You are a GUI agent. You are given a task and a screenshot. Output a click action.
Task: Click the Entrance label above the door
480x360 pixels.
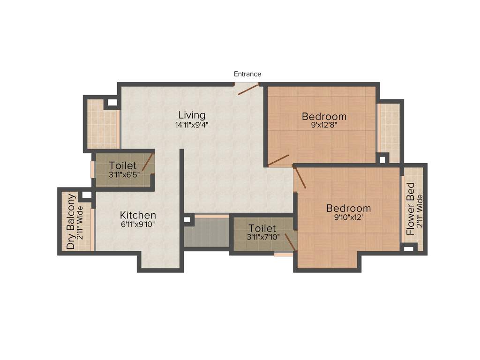tap(247, 74)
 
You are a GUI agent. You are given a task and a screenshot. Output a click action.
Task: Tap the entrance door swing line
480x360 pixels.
tap(248, 90)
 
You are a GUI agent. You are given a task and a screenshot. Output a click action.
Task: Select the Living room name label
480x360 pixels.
tap(192, 115)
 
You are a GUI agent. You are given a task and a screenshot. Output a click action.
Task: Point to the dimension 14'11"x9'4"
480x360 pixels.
tap(192, 125)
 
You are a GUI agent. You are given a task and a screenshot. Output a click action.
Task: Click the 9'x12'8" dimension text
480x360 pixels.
tap(324, 126)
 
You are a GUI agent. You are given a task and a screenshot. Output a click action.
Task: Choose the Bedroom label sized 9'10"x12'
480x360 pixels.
tap(348, 208)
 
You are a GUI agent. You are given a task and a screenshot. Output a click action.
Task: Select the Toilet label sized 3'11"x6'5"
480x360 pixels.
tap(123, 165)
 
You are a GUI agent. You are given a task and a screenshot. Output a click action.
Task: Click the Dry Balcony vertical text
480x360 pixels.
tap(71, 221)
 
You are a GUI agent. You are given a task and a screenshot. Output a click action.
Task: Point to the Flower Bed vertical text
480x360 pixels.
tap(411, 209)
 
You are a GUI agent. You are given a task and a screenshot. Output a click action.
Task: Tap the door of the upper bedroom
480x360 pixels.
tap(278, 160)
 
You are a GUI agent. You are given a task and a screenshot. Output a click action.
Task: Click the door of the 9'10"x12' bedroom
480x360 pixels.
tap(300, 177)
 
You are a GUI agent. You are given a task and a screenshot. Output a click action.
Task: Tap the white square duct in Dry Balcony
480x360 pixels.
tap(86, 194)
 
